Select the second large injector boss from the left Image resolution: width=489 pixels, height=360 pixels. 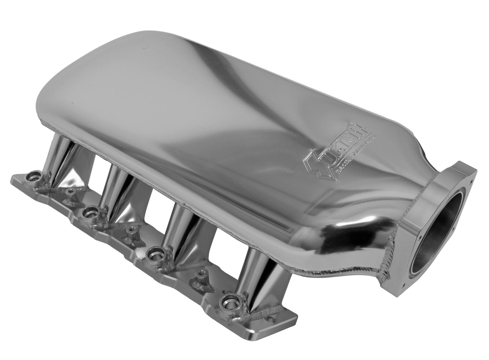[90, 212]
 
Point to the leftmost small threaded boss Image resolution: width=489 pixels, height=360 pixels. [71, 192]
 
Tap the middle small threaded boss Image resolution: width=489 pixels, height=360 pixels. [132, 229]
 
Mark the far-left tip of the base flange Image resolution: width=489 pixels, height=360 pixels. [13, 177]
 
